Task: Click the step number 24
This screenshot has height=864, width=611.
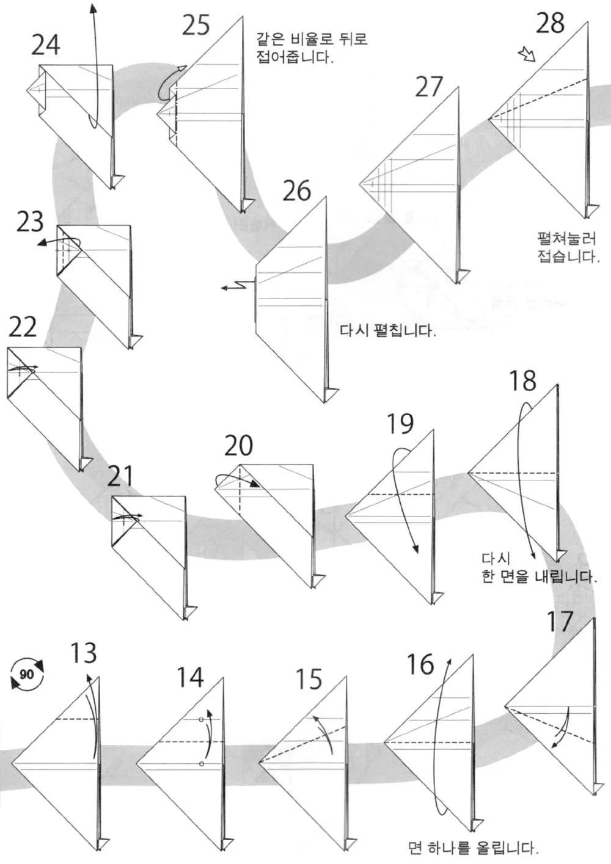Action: click(46, 45)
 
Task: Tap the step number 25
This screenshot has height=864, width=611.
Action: click(196, 25)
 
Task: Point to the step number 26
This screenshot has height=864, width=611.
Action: click(296, 191)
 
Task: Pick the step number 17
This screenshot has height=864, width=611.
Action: click(560, 622)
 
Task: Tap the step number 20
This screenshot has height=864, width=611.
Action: click(238, 446)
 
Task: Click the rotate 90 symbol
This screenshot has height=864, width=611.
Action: click(26, 674)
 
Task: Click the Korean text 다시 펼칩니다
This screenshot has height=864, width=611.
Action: click(387, 332)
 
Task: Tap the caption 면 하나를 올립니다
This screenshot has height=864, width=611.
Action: click(474, 848)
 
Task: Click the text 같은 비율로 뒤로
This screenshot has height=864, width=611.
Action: click(313, 40)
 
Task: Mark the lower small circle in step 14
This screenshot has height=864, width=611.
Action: click(201, 764)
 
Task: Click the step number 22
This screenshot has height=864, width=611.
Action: click(23, 328)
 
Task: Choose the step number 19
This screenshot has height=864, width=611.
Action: click(400, 424)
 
